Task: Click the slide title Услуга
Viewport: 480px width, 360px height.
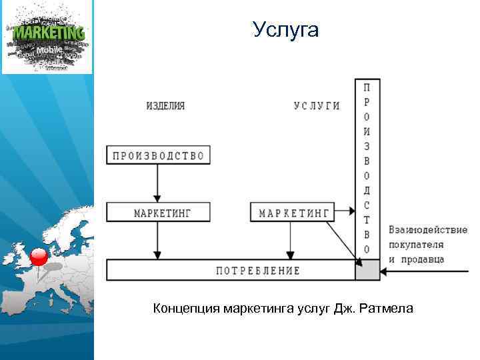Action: pyautogui.click(x=286, y=30)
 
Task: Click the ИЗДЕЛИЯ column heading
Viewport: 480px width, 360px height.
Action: pyautogui.click(x=165, y=106)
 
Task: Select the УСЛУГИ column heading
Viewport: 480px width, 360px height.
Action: pyautogui.click(x=317, y=106)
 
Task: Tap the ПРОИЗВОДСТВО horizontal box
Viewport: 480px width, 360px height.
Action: pyautogui.click(x=159, y=155)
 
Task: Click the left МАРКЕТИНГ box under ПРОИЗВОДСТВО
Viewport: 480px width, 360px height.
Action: pyautogui.click(x=159, y=213)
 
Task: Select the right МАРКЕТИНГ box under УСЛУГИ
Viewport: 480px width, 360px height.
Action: pyautogui.click(x=291, y=213)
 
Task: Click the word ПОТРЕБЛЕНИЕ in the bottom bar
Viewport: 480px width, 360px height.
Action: pyautogui.click(x=257, y=271)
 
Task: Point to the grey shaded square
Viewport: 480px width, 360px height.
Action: pyautogui.click(x=367, y=270)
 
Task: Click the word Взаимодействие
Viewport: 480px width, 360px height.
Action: pyautogui.click(x=427, y=230)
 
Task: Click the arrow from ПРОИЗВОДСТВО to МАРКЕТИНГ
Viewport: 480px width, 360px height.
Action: pyautogui.click(x=157, y=183)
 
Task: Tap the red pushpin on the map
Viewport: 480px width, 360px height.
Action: pyautogui.click(x=39, y=257)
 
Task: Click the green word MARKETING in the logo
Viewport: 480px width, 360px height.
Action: pyautogui.click(x=49, y=32)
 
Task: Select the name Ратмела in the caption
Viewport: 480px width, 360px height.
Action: pyautogui.click(x=389, y=308)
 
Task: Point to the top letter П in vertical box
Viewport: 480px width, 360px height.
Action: pyautogui.click(x=367, y=87)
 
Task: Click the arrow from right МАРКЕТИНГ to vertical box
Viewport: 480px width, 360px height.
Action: pyautogui.click(x=344, y=212)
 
